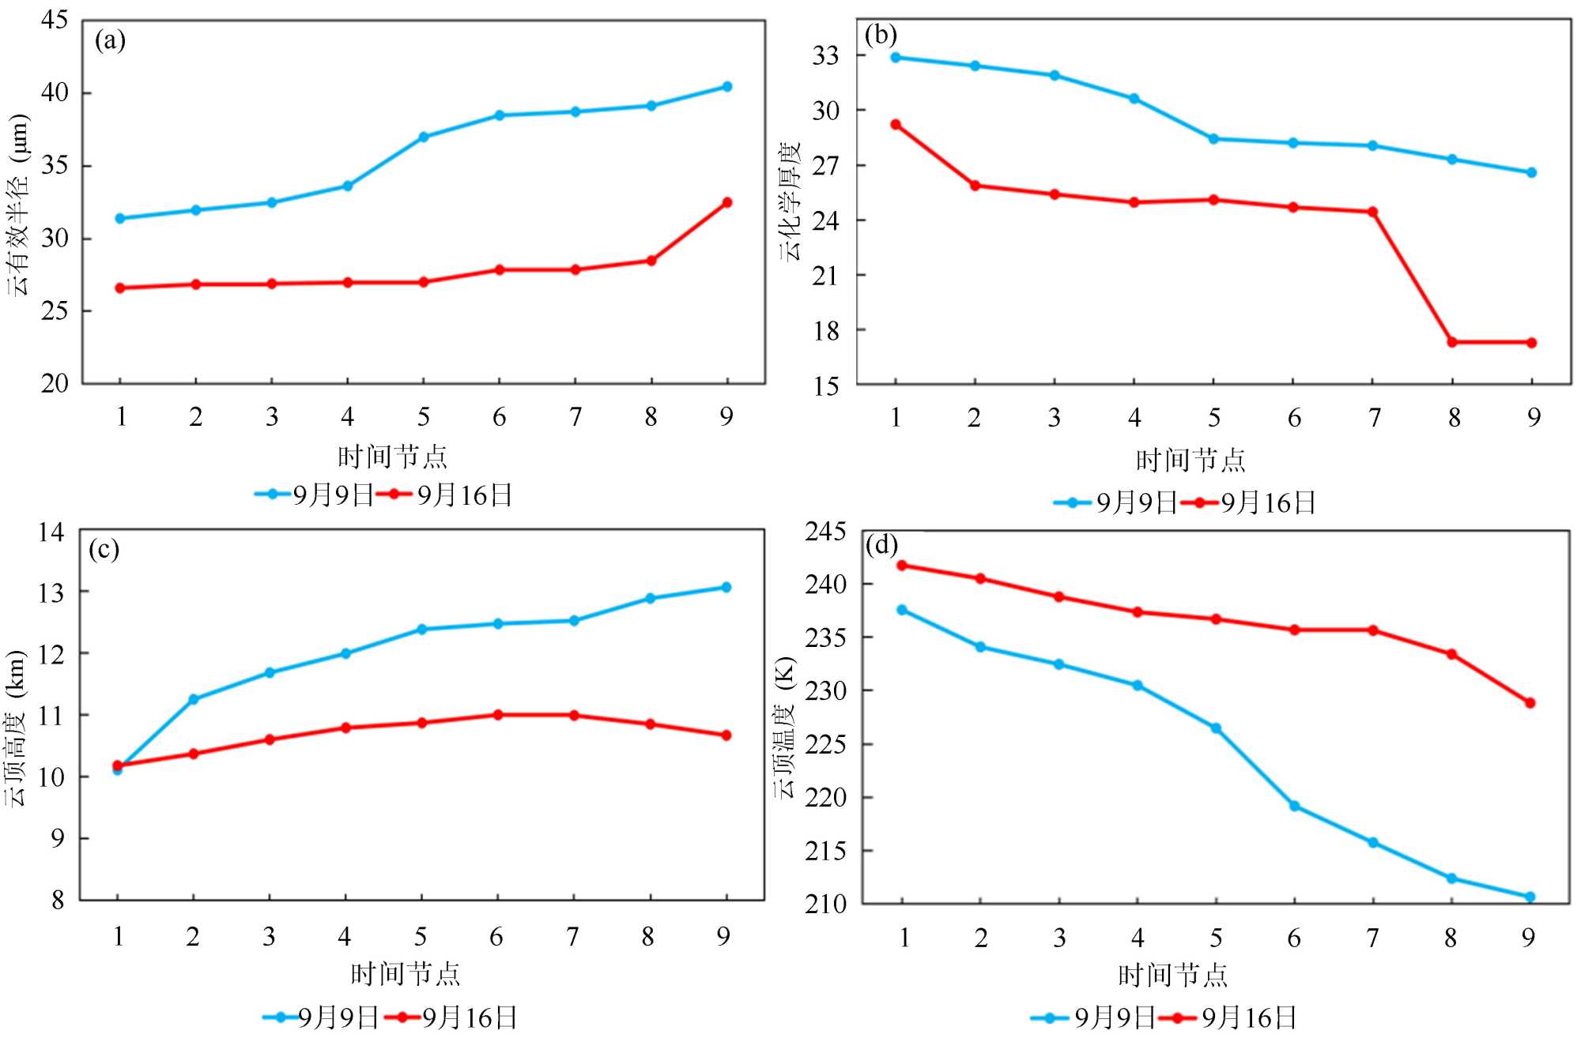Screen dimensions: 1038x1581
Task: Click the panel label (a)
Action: [110, 40]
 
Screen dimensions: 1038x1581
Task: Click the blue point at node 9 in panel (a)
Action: [727, 87]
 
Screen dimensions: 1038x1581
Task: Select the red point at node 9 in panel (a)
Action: [727, 202]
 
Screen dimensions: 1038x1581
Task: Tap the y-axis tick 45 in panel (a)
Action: [55, 20]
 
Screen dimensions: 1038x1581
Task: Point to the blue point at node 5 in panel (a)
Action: [424, 137]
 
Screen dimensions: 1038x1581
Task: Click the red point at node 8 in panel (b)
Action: [1452, 342]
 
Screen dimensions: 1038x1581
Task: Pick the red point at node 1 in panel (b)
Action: [896, 125]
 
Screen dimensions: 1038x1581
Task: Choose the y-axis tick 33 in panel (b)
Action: [825, 56]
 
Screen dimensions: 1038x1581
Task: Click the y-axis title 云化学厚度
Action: [790, 201]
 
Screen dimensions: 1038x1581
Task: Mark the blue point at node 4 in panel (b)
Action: [1134, 99]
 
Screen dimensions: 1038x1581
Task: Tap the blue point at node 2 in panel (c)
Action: [194, 699]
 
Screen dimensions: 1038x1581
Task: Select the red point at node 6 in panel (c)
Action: [498, 715]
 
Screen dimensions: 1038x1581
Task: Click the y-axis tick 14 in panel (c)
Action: [51, 532]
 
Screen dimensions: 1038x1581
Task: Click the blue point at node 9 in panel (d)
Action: [1530, 897]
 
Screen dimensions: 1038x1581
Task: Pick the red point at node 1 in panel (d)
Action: [902, 566]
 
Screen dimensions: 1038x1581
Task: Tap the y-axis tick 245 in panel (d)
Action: [825, 532]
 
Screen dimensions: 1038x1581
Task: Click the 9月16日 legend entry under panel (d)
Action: [1249, 1017]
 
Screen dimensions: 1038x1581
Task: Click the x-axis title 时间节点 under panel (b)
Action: [1190, 461]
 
